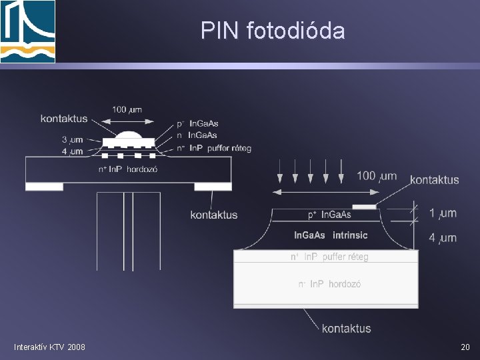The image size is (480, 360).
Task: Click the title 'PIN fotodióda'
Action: tap(273, 30)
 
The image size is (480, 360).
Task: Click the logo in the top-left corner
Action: tap(27, 31)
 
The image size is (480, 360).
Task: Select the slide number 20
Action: tap(465, 347)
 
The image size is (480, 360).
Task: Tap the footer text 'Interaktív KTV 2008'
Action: tap(49, 347)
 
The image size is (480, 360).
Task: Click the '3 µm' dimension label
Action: tap(72, 140)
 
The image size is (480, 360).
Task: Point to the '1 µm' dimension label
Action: tap(443, 213)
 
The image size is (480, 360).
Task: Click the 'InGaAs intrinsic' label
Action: tap(331, 235)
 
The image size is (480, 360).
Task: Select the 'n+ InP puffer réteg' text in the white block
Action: tap(329, 257)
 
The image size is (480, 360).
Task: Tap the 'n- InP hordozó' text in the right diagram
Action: tap(329, 284)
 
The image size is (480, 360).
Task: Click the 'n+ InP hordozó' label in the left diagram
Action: tap(127, 169)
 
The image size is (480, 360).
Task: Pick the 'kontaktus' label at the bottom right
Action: tap(346, 328)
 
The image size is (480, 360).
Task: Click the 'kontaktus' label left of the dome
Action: tap(64, 119)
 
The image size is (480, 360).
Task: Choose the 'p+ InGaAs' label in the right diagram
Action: tap(329, 215)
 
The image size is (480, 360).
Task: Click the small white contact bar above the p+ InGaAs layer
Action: tap(364, 207)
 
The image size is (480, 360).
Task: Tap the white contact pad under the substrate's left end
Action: tap(44, 186)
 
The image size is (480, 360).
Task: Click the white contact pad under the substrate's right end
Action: tap(213, 186)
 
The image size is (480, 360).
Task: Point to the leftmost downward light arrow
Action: tap(280, 172)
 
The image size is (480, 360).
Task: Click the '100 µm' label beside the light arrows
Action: tap(377, 176)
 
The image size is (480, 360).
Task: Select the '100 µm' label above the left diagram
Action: tap(127, 109)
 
